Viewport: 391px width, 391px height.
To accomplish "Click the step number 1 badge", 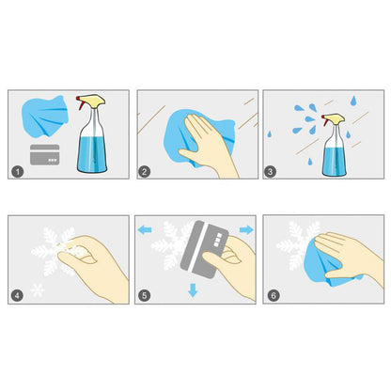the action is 18,171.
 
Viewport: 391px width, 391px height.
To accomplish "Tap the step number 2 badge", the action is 145,171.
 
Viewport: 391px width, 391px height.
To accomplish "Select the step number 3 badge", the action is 271,171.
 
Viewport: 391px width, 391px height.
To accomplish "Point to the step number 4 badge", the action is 17,295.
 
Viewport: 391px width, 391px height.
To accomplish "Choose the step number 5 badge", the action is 145,295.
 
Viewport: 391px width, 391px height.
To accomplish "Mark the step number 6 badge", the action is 274,295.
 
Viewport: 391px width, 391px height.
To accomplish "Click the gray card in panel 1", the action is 45,154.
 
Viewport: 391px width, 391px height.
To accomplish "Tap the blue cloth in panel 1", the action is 45,116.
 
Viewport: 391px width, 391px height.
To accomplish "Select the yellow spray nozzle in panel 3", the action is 334,118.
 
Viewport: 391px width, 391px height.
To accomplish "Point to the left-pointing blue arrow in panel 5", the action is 145,230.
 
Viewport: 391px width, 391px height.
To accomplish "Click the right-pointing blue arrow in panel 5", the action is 246,229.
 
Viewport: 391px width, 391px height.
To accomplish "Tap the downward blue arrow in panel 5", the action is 193,290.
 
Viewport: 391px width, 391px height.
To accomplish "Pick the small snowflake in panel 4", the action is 38,290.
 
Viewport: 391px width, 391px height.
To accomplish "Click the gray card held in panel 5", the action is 204,250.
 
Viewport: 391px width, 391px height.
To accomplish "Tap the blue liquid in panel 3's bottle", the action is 336,161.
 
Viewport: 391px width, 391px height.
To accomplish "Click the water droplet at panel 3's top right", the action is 353,101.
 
